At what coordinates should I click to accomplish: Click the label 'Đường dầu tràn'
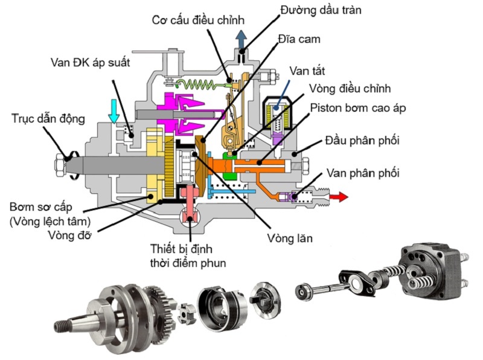321,10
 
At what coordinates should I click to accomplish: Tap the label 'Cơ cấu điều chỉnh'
198,21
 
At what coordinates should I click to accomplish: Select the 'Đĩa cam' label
299,39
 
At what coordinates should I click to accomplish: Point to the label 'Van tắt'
307,71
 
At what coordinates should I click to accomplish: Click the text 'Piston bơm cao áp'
358,108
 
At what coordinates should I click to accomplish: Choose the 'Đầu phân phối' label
362,141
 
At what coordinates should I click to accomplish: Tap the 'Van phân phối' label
363,173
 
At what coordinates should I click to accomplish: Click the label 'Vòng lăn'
290,238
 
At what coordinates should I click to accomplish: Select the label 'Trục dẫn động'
48,119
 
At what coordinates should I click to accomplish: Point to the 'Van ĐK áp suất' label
90,63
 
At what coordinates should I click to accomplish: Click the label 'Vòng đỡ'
70,235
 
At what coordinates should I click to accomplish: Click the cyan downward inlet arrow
114,111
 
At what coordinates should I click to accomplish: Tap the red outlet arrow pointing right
339,196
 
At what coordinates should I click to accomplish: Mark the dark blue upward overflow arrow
241,39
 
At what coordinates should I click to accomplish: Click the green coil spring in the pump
200,84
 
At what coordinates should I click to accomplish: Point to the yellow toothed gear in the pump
170,168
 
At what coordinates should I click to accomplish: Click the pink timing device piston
190,205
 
